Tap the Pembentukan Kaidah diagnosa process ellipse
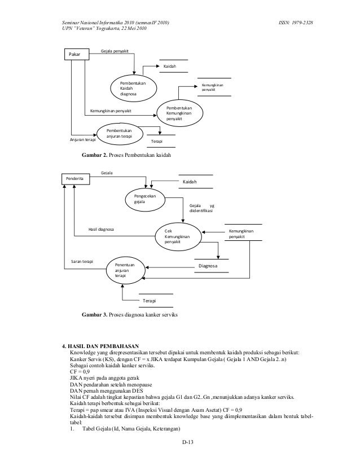click(x=135, y=88)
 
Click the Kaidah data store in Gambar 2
click(x=169, y=67)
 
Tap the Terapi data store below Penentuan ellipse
click(x=149, y=302)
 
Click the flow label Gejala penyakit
click(x=115, y=51)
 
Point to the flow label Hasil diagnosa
click(x=102, y=230)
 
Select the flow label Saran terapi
click(x=81, y=262)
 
